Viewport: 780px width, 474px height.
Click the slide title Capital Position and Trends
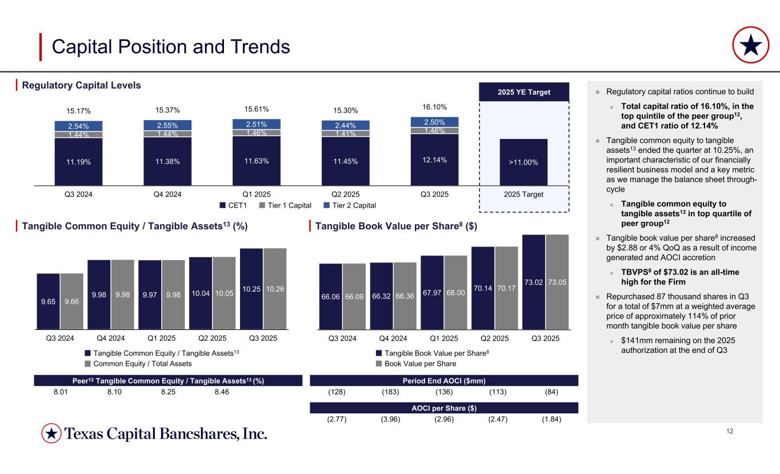pos(170,47)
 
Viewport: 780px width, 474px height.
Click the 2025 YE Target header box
pos(523,91)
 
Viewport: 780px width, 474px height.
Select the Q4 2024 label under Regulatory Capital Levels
pos(168,194)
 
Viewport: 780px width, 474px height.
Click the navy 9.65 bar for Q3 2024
pos(49,301)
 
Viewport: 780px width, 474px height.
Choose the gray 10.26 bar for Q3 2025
pos(275,289)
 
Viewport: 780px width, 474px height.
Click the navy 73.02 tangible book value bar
pos(534,282)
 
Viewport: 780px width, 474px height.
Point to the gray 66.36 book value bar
pos(405,296)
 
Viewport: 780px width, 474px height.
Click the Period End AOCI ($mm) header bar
pos(444,380)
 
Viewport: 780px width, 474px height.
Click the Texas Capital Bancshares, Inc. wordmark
pos(166,435)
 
